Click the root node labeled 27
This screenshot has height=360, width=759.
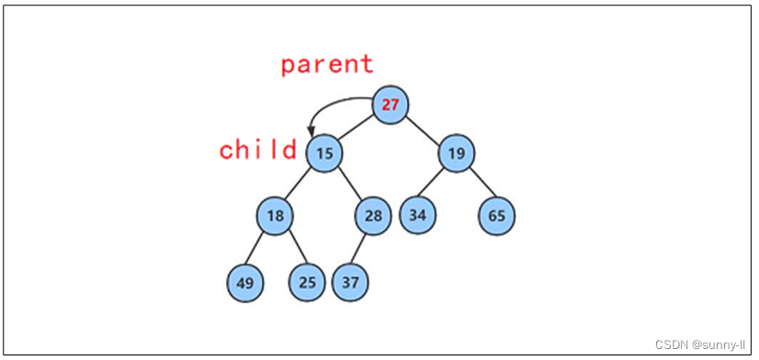coord(391,104)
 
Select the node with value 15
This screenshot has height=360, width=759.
coord(323,152)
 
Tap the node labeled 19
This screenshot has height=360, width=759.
coord(457,152)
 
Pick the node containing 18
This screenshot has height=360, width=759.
coord(275,216)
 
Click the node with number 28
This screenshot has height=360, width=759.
coord(373,216)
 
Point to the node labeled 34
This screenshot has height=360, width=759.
coord(418,216)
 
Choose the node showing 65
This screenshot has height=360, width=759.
coord(497,216)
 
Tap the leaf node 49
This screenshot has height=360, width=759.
coord(244,282)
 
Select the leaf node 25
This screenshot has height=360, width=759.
coord(307,282)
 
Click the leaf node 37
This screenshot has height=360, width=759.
coord(350,282)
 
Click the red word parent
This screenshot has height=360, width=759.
coord(327,64)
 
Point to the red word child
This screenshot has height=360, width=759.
coord(257,150)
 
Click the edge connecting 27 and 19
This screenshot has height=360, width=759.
coord(424,128)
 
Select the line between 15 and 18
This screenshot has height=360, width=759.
coord(299,185)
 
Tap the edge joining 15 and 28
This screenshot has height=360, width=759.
coord(348,184)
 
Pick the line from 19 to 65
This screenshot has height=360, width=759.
coord(477,185)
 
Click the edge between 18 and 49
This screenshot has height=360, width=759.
coord(259,249)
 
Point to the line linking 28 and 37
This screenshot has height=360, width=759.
coord(362,249)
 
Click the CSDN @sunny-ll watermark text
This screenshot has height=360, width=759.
coord(701,343)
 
